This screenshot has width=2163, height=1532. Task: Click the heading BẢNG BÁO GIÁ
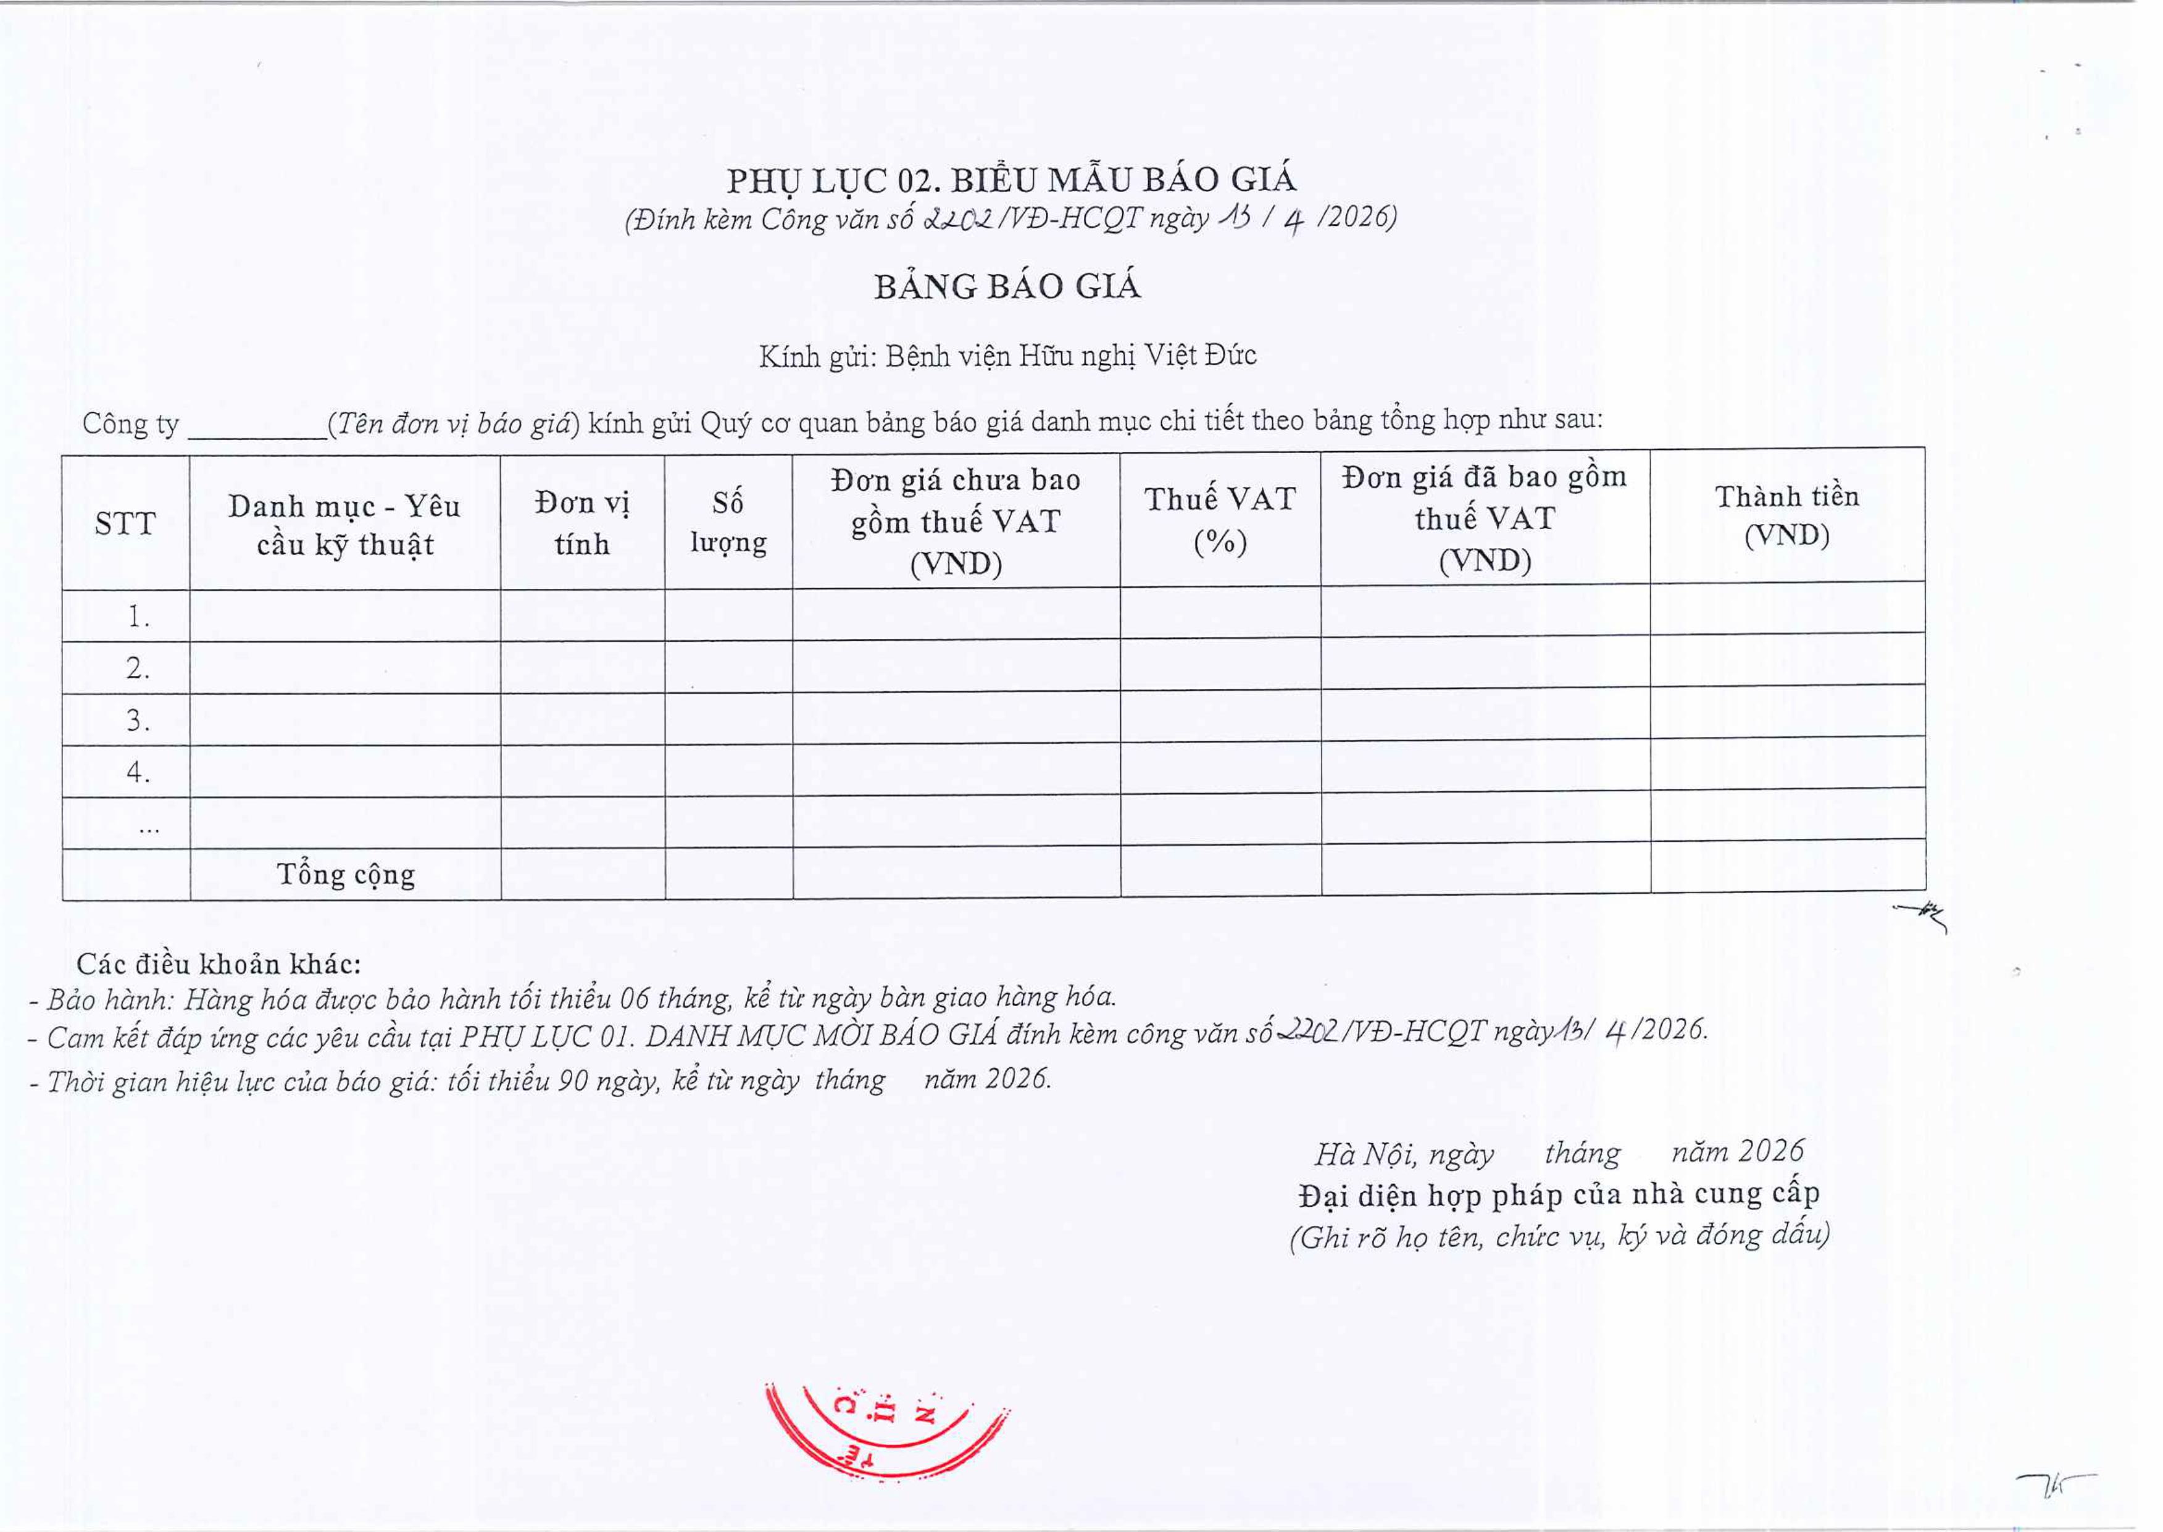1007,287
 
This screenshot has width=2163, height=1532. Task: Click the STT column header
125,523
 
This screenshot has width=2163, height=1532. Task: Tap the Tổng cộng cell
345,875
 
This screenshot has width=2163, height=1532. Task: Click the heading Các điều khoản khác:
218,964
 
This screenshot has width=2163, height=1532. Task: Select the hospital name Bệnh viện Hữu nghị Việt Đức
1070,356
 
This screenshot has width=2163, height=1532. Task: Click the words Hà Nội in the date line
1364,1154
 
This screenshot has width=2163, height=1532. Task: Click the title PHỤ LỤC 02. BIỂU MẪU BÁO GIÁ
1011,179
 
